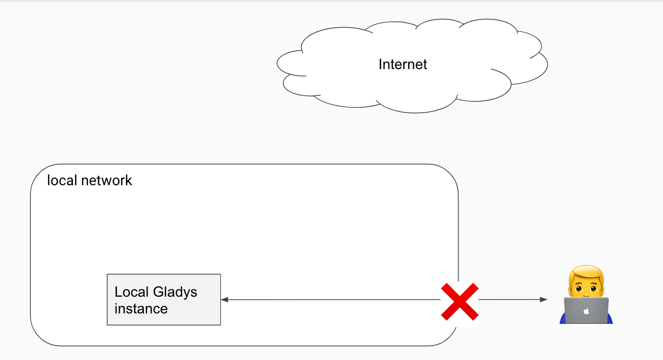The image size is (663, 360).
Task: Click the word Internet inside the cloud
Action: [x=403, y=64]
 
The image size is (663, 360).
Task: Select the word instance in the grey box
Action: [x=141, y=309]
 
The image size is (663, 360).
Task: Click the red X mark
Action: [x=459, y=301]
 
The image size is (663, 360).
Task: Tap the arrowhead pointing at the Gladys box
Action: [x=224, y=300]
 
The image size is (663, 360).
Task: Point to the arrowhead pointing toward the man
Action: [x=544, y=300]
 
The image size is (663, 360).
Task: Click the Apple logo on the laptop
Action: [x=586, y=311]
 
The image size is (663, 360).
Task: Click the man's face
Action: [x=586, y=286]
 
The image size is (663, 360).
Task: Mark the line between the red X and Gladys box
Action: [x=329, y=300]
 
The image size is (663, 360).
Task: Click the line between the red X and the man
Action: [x=510, y=300]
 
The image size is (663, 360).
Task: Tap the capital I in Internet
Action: [x=380, y=64]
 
